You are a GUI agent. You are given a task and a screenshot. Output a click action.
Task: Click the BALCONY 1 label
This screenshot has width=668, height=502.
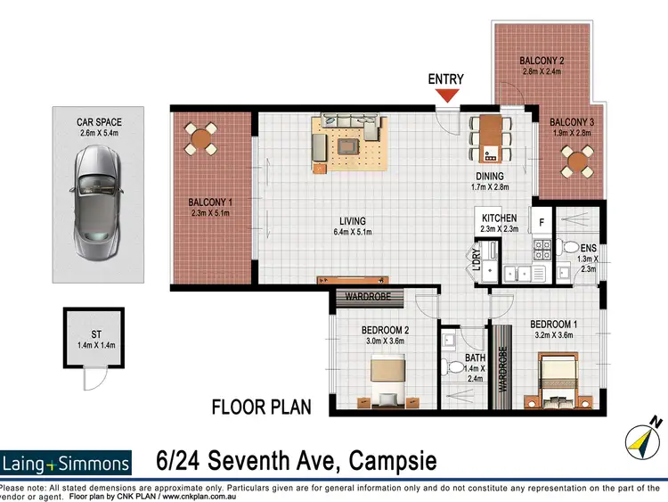click(210, 202)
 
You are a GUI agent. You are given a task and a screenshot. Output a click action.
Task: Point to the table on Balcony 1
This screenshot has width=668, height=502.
click(201, 138)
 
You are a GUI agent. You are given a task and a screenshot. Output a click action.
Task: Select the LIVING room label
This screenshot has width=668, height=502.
click(352, 222)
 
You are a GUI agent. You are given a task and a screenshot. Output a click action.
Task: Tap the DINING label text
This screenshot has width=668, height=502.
click(489, 177)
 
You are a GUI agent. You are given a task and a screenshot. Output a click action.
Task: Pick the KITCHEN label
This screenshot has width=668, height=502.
click(500, 218)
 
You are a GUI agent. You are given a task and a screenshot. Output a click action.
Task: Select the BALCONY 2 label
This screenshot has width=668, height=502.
click(542, 62)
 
